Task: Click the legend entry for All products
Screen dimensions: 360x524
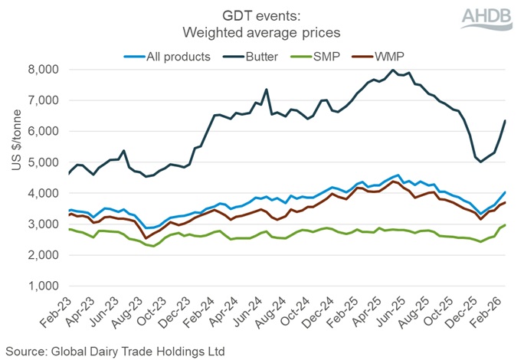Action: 169,55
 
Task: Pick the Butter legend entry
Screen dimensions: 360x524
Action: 251,55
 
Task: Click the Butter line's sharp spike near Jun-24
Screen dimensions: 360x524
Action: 266,90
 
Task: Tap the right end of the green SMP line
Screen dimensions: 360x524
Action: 504,225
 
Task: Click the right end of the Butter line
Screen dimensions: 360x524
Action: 504,120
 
